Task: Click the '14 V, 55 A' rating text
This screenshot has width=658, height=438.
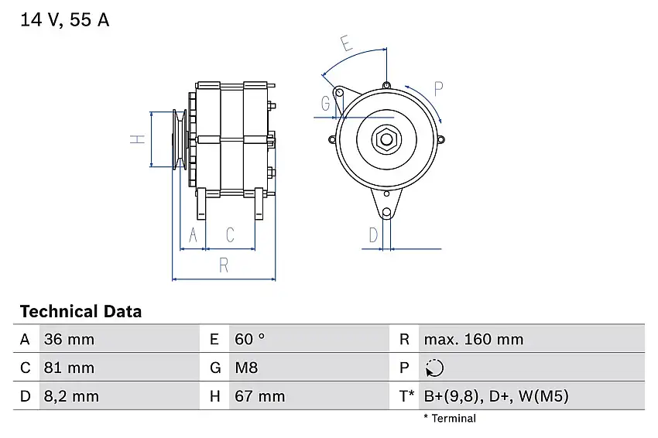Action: coord(65,21)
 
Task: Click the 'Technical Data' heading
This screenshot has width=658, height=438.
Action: coord(81,312)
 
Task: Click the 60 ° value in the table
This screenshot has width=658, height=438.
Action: coord(249,339)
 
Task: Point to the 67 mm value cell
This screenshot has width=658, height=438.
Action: coord(259,396)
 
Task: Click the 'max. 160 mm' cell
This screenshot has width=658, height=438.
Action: coord(473,339)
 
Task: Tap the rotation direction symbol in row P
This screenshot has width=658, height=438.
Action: coord(434,368)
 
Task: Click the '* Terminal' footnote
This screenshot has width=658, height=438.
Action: coord(450,419)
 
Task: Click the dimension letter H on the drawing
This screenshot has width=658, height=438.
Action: coord(137,139)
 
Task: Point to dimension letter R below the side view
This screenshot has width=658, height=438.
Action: coord(224,265)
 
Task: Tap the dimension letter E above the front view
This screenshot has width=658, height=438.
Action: coord(346,43)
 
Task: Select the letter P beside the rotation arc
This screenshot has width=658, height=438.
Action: coord(438,87)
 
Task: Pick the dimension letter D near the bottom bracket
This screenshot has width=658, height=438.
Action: coord(372,234)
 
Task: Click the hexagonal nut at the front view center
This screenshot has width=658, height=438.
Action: coord(386,140)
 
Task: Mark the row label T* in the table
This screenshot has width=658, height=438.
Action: coord(406,396)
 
